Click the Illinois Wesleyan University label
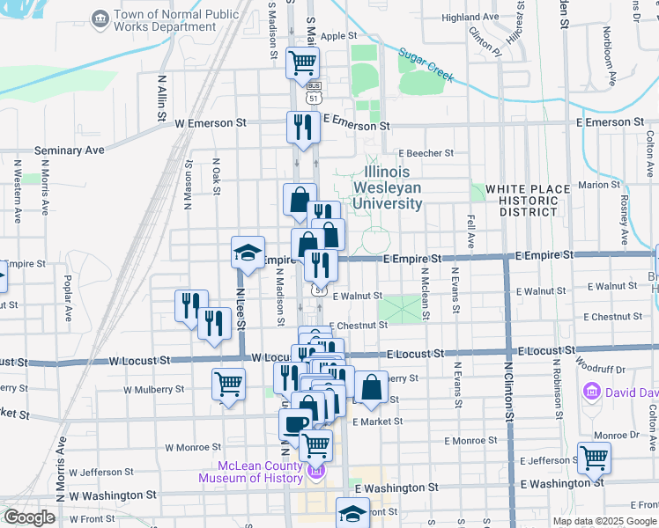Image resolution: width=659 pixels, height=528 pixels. (388, 187)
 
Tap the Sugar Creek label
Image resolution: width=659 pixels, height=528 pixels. (426, 64)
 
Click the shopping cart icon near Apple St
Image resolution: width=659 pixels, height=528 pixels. (302, 62)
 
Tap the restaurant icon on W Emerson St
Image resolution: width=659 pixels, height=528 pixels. (303, 126)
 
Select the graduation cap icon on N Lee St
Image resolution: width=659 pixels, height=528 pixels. (248, 253)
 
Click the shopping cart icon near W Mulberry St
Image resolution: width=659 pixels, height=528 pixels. (228, 384)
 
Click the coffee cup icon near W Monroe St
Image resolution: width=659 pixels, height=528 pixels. (295, 424)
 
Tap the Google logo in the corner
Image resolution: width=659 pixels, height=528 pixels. (29, 517)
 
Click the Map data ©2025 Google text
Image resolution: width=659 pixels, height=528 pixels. (604, 521)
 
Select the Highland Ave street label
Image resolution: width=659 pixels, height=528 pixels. (470, 17)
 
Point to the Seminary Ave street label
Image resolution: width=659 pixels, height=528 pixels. (70, 150)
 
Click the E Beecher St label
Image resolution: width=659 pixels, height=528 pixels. (425, 152)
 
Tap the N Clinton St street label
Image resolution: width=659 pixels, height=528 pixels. (508, 387)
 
